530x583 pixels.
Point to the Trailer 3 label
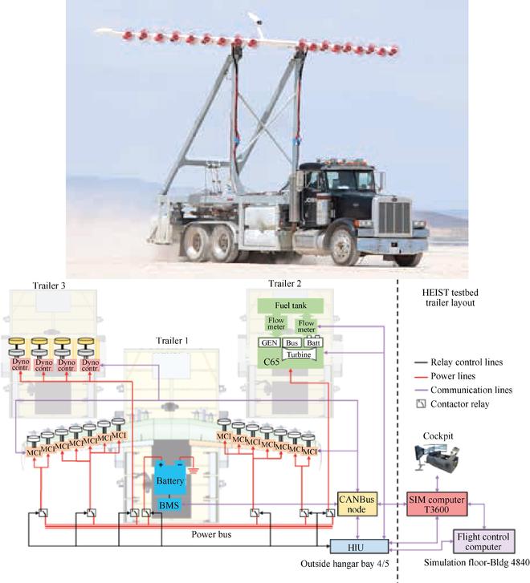(52, 285)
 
